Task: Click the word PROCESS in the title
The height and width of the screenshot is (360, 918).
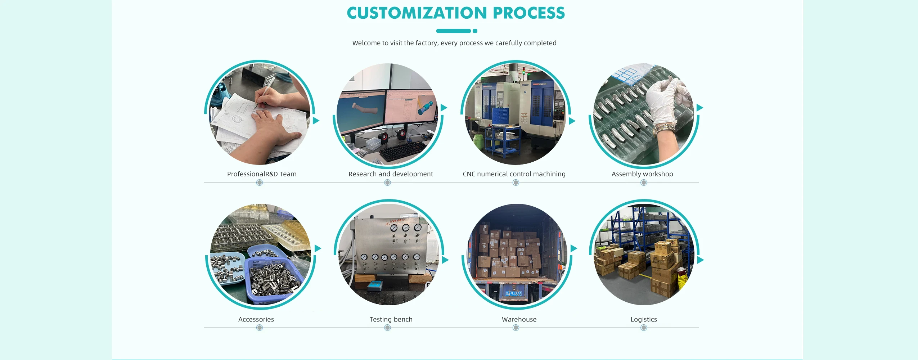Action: point(529,13)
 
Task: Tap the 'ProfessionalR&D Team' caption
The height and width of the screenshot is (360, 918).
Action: point(262,174)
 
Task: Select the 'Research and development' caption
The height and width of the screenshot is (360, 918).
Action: point(391,174)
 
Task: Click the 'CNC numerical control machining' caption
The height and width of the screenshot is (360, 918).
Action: point(514,174)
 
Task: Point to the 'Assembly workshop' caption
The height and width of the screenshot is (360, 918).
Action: point(642,174)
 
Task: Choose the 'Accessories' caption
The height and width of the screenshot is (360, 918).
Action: point(256,319)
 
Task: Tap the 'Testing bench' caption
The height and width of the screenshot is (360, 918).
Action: point(391,319)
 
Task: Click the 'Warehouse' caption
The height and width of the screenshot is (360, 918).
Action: point(519,319)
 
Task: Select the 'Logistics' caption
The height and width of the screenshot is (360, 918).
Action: point(644,319)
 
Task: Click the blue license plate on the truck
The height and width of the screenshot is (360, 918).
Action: point(513,294)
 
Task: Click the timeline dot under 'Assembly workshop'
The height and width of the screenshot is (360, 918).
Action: point(644,183)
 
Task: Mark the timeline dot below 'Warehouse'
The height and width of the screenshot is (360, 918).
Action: point(516,328)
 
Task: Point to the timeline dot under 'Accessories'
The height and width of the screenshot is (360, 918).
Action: point(260,328)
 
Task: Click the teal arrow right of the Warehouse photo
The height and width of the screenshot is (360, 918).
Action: point(574,248)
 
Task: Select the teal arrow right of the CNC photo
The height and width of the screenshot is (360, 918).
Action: point(572,121)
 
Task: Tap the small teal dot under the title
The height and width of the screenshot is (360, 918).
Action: point(475,31)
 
